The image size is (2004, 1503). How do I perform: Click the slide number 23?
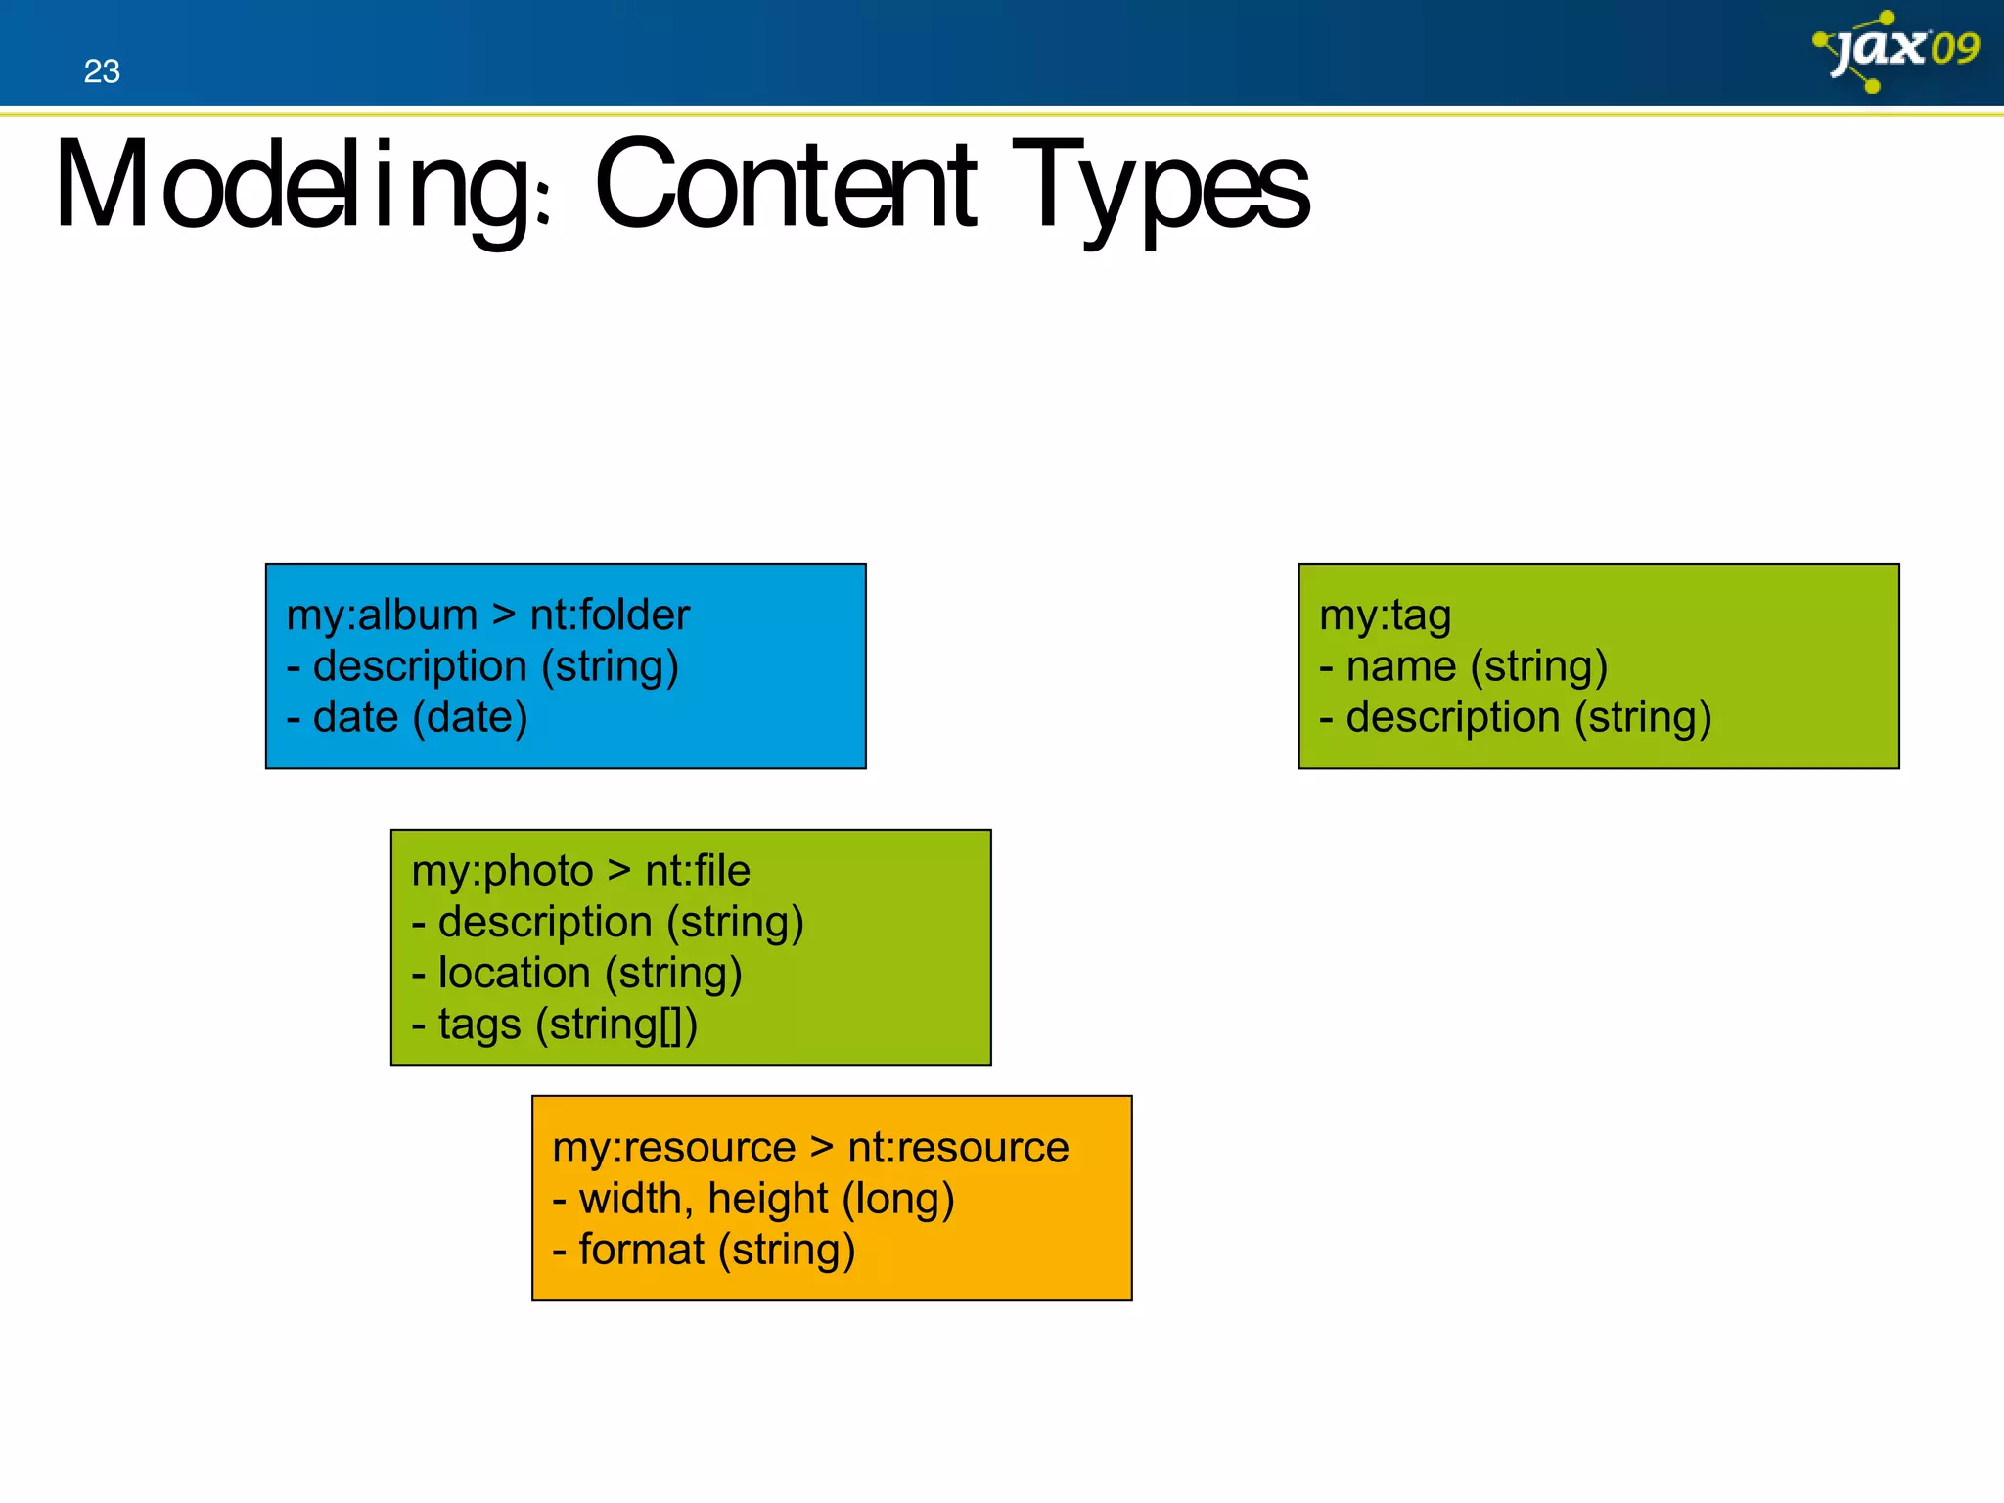(102, 71)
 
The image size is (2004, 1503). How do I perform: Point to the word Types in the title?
(1161, 186)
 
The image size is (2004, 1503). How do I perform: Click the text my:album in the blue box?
(382, 615)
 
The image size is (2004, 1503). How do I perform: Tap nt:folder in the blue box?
(610, 615)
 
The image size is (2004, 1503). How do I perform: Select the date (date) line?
(407, 717)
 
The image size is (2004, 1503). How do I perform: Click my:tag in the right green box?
(1385, 615)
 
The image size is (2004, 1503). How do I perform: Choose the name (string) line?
(1464, 666)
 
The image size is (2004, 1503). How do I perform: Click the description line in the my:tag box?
(1515, 717)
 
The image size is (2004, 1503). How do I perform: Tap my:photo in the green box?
(502, 871)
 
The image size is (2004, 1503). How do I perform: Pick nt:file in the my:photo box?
(698, 871)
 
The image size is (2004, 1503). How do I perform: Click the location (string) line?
(577, 974)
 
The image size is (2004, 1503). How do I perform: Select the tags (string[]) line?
(555, 1025)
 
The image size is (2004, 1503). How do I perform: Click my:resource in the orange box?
(673, 1147)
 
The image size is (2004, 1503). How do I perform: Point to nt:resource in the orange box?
(958, 1147)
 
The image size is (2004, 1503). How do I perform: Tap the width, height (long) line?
(753, 1199)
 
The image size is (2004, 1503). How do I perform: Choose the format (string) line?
(705, 1250)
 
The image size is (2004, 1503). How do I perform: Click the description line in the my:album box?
(483, 666)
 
